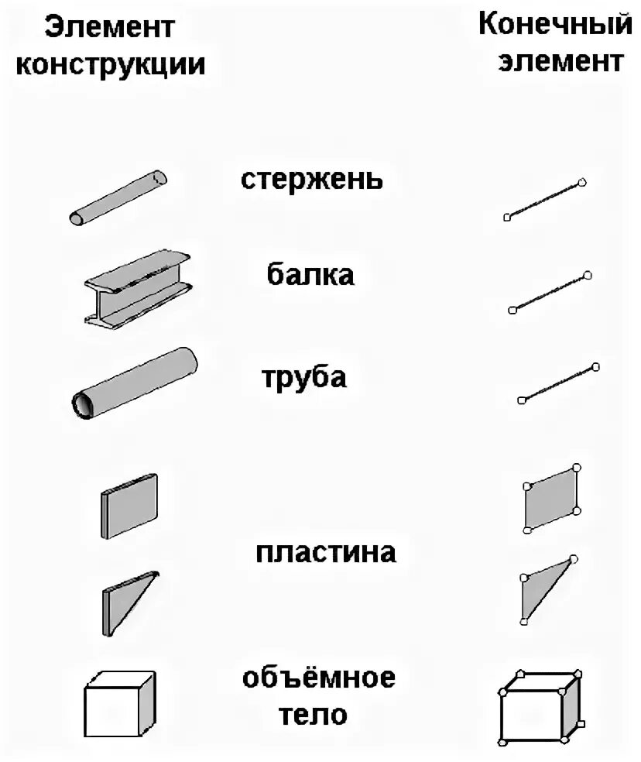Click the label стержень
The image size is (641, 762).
(311, 180)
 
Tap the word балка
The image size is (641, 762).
(310, 274)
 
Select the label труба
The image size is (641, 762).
(304, 379)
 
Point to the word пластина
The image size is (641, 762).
(326, 553)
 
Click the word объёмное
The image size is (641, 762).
(319, 678)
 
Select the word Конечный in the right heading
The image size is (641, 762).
(555, 25)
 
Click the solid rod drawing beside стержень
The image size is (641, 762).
(118, 197)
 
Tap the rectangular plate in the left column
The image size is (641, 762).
(129, 504)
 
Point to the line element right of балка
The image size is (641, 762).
(550, 293)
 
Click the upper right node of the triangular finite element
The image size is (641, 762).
(574, 559)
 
